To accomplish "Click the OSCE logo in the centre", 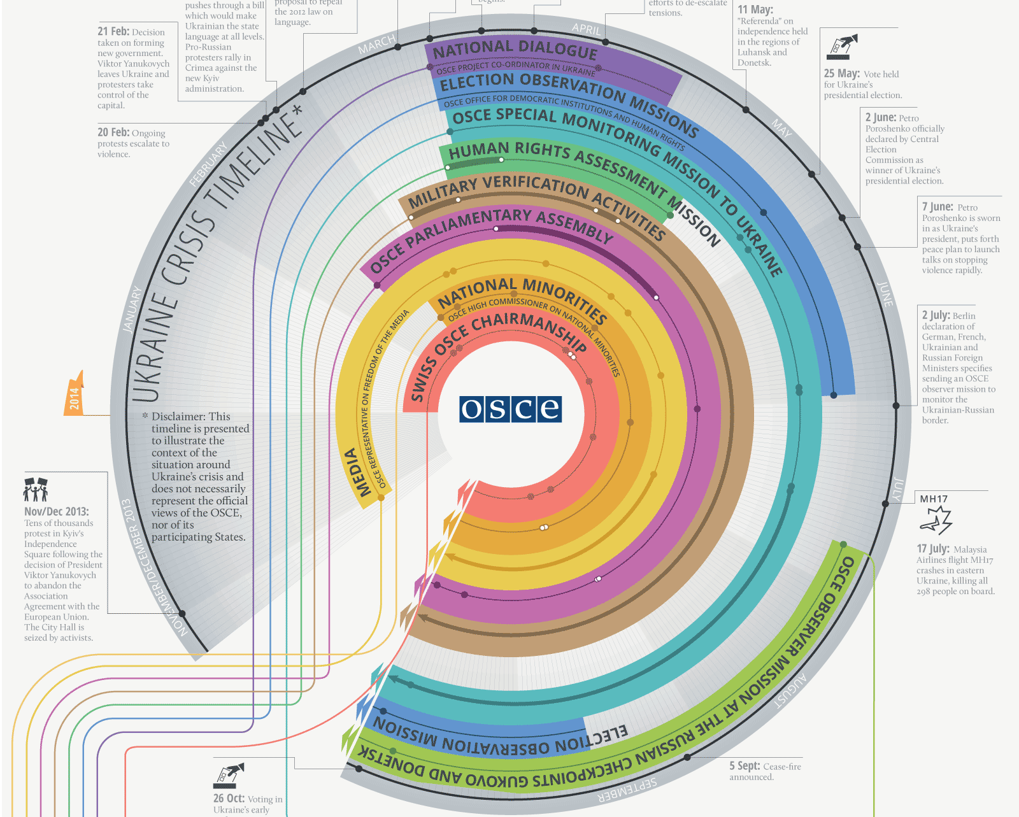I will (510, 409).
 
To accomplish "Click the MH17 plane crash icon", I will (936, 520).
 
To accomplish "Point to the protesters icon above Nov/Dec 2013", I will (36, 490).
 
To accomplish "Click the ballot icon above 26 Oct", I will (229, 776).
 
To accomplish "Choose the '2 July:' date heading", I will (935, 315).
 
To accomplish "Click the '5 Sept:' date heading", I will (745, 767).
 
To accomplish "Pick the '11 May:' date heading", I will (755, 10).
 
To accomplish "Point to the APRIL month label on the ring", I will (586, 29).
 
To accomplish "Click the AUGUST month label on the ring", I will (791, 692).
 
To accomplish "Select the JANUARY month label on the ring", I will (132, 309).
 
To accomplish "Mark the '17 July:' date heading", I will (933, 549).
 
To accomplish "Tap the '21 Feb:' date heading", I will (113, 31).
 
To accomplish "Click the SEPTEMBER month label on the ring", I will (627, 790).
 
